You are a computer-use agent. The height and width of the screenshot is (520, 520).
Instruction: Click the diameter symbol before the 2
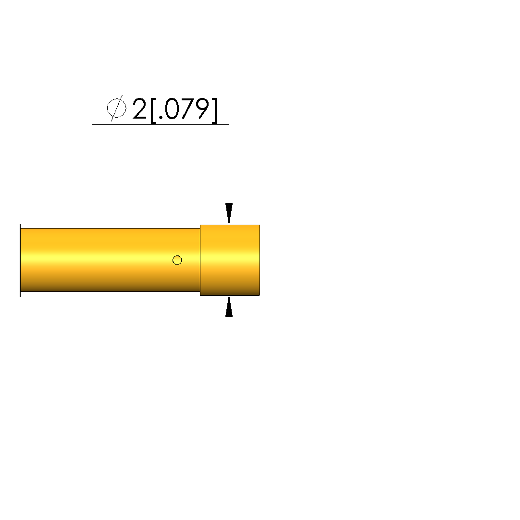coord(116,108)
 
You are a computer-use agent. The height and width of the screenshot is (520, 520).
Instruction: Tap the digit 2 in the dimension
coord(139,109)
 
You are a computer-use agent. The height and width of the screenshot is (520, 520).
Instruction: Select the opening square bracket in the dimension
coord(153,110)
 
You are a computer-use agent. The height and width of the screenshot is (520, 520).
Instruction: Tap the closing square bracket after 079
coord(214,110)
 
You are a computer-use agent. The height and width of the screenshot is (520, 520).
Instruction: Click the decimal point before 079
coord(161,117)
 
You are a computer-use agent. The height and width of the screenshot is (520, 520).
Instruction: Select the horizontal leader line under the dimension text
coord(161,125)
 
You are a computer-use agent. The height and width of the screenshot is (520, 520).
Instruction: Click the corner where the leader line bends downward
coord(229,125)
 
